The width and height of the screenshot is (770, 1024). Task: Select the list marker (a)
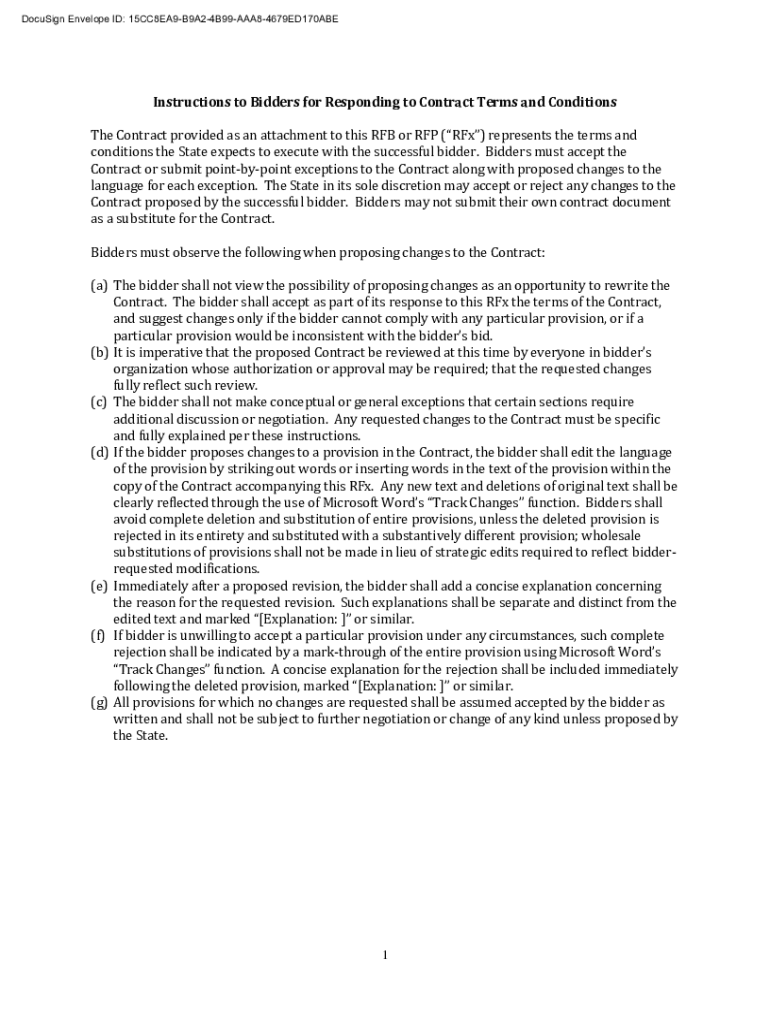99,285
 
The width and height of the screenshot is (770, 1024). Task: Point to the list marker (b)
99,352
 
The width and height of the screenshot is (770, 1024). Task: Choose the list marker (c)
99,402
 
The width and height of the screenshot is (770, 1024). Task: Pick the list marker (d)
99,452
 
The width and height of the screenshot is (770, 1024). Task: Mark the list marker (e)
99,586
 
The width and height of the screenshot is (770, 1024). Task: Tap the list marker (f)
98,636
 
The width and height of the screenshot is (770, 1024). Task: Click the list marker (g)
99,703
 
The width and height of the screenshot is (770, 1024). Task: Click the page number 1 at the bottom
385,956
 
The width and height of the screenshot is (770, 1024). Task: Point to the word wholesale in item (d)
628,536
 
